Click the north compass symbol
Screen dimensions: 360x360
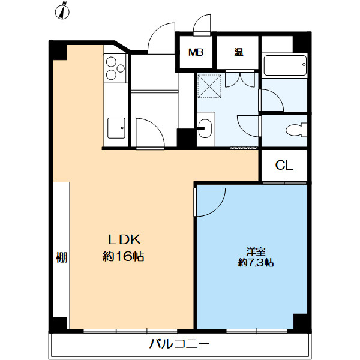coord(62,11)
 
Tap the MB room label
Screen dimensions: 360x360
coord(196,52)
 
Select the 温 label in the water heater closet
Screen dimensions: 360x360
coord(239,52)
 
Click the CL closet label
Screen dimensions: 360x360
coord(284,165)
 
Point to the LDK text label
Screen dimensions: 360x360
coord(124,240)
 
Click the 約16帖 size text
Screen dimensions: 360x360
coord(123,256)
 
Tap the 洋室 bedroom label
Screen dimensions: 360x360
coord(256,251)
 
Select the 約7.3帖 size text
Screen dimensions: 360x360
coord(256,262)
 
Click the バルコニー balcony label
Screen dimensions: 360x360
coord(179,344)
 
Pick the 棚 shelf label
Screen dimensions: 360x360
coord(62,257)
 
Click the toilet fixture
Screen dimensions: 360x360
coord(296,130)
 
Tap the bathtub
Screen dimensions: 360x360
coord(286,65)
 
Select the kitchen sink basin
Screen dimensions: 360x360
coord(116,128)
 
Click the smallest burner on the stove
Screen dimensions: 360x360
coord(121,68)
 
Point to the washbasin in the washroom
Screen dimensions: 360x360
coord(205,128)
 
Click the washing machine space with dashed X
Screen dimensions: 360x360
coord(209,86)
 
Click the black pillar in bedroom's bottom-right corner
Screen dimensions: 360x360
coord(301,321)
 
